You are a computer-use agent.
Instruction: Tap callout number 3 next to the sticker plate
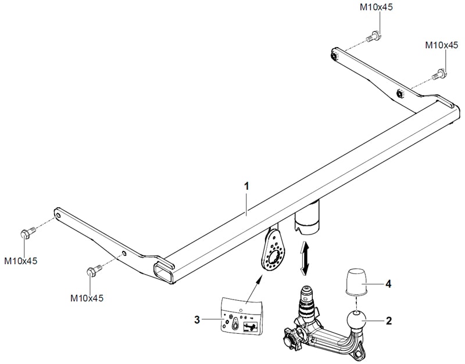coord(198,319)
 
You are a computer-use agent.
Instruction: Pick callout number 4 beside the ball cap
coord(388,284)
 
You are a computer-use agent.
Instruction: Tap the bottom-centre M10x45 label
coord(87,298)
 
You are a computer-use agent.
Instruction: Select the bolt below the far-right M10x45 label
coord(439,74)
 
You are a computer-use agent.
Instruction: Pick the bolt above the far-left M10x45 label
coord(26,233)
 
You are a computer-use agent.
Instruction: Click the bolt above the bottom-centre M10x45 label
coord(93,271)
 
